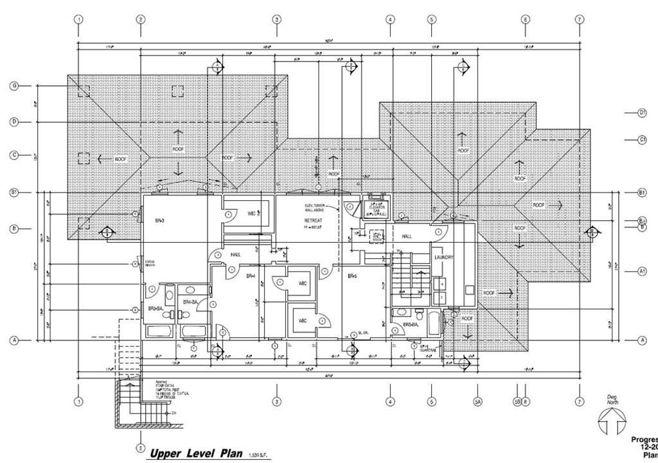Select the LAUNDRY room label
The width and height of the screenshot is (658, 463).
444,258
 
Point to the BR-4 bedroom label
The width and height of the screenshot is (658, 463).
251,276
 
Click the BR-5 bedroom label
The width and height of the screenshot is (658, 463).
352,276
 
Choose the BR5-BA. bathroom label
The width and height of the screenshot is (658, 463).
412,326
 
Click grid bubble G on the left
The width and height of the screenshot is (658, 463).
13,85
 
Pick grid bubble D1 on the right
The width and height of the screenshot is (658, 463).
641,112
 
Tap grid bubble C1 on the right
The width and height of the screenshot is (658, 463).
641,139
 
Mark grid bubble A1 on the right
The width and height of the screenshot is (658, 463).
641,272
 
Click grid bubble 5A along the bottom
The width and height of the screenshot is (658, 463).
478,402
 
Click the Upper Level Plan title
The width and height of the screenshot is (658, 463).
191,454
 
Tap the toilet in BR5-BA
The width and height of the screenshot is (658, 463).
418,315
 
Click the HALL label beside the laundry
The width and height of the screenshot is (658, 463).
407,236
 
